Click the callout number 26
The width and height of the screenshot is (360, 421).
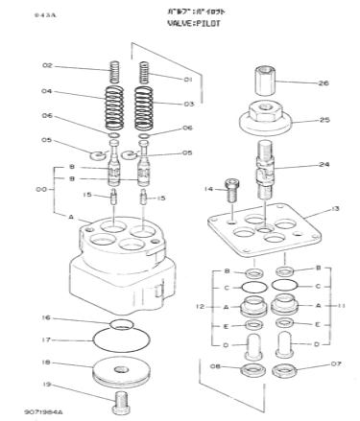[x=324, y=83]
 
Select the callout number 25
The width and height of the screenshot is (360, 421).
[x=324, y=120]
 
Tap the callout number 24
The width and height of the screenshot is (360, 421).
[x=324, y=165]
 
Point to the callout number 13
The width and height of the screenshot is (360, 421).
[x=335, y=208]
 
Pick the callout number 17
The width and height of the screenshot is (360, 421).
[x=46, y=339]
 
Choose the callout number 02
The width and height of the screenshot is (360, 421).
[x=46, y=65]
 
